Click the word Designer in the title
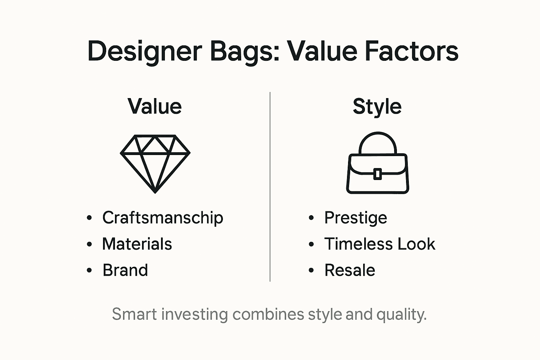click(144, 51)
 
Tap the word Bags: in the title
click(245, 51)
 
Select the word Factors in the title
click(412, 51)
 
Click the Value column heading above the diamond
click(155, 106)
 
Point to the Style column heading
click(377, 106)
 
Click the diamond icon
click(155, 163)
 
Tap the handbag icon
click(378, 172)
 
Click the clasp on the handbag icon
click(378, 174)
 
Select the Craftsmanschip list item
click(162, 218)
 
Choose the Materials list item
click(137, 244)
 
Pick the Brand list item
click(125, 270)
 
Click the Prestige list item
click(355, 218)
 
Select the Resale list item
click(349, 270)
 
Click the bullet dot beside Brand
click(89, 270)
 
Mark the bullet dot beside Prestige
click(311, 218)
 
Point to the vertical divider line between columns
click(270, 186)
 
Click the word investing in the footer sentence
click(194, 314)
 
